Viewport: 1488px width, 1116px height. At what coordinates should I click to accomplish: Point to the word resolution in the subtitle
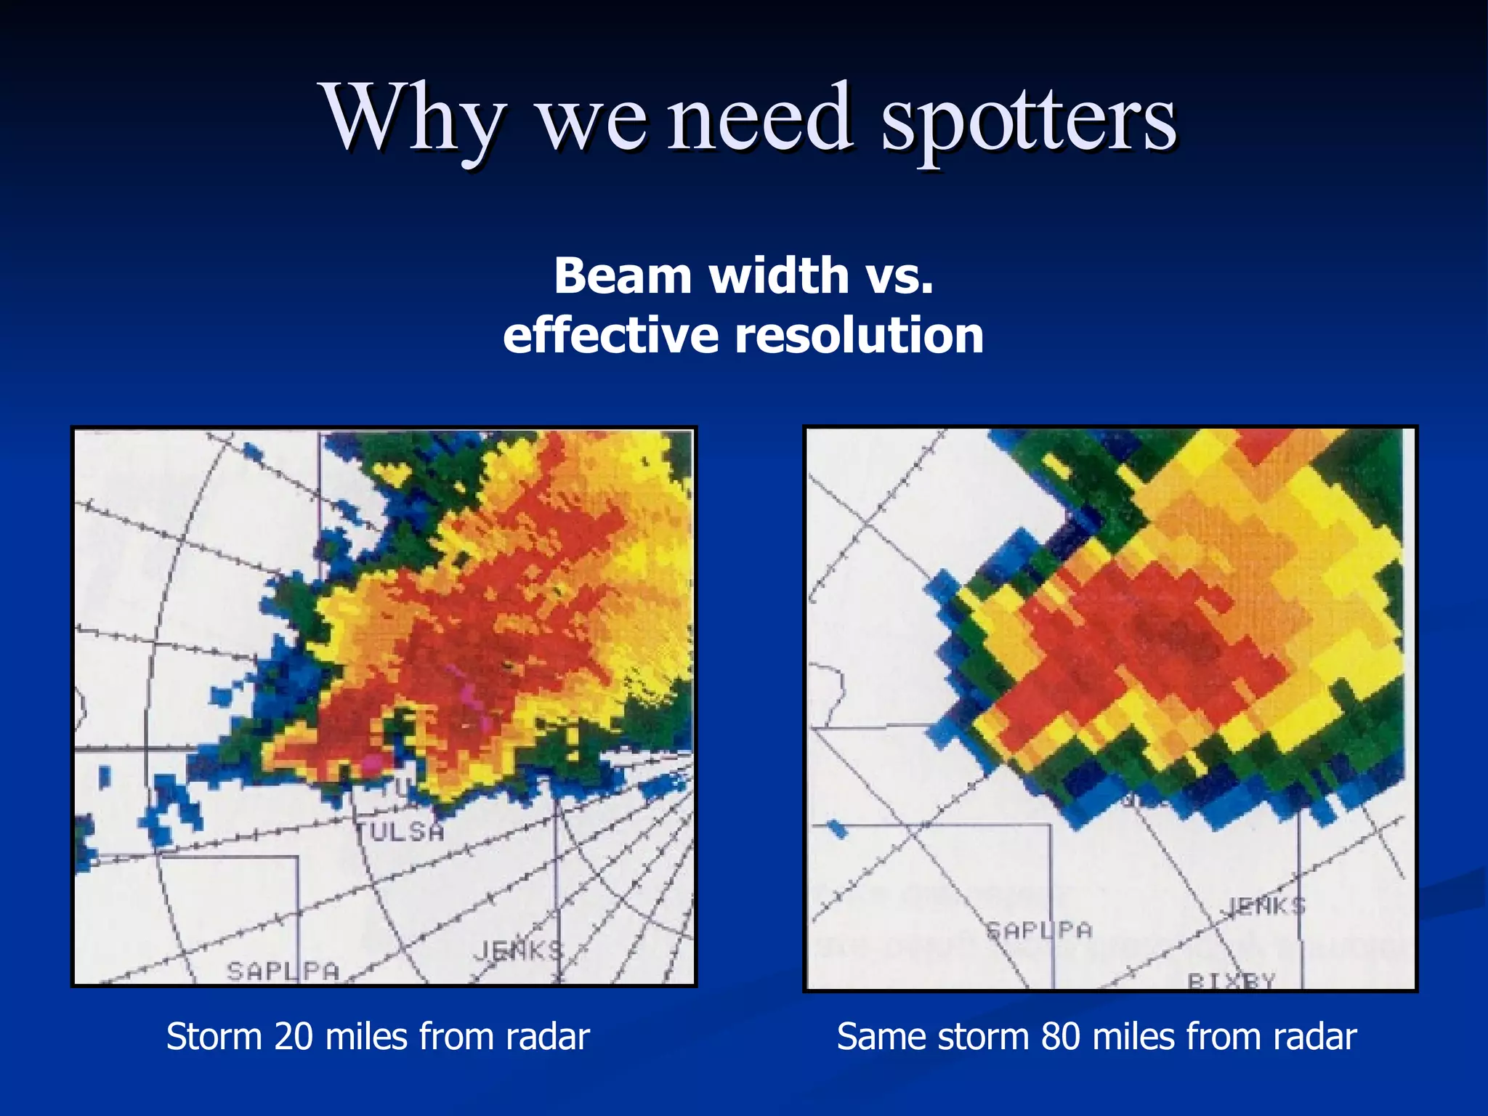click(859, 336)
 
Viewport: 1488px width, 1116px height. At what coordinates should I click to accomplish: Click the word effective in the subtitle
click(612, 336)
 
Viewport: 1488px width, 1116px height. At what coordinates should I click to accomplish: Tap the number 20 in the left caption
click(294, 1037)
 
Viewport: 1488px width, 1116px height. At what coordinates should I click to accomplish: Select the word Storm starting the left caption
click(214, 1037)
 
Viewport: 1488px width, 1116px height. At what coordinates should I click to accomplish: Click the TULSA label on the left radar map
click(400, 831)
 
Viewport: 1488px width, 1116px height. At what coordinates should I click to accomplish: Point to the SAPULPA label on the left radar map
click(283, 971)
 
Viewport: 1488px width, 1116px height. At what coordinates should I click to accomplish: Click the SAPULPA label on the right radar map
click(1039, 931)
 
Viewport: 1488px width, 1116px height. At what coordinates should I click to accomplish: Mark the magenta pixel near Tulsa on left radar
click(373, 761)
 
